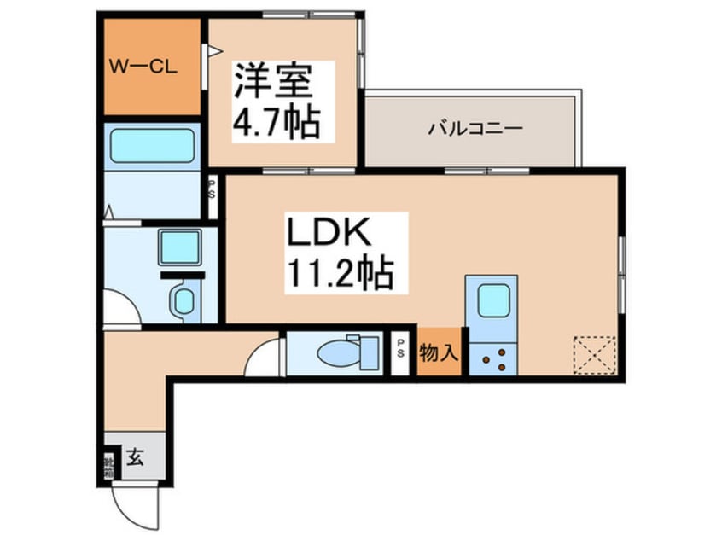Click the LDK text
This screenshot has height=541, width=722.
point(326,235)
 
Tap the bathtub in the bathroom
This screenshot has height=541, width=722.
point(154,146)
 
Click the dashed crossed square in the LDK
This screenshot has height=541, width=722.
point(594,354)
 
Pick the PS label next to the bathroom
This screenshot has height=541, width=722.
point(213,187)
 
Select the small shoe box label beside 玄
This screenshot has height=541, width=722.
point(109,466)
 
